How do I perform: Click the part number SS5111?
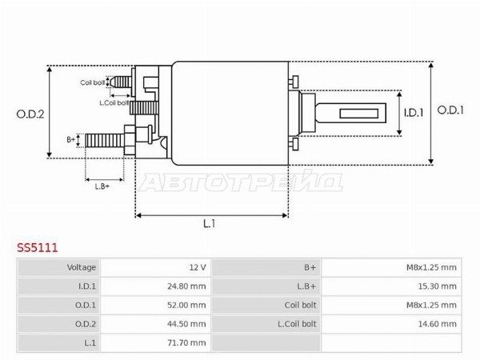coord(37,247)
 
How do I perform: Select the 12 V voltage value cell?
coord(155,267)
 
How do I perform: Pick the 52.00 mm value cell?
coord(155,306)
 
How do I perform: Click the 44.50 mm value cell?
coord(155,324)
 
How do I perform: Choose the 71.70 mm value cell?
coord(155,342)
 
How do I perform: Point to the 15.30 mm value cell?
coord(391,286)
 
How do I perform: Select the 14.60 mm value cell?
coord(391,324)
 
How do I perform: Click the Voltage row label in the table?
coord(82,267)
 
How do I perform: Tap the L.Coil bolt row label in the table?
coord(297,324)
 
